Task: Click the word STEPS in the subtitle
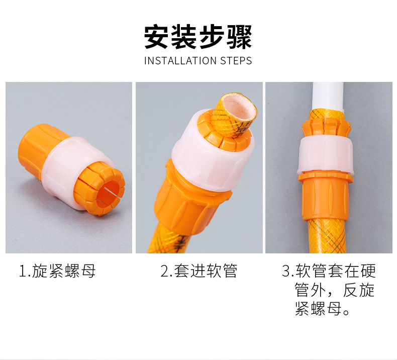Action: coord(236,61)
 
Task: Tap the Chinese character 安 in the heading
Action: coord(157,37)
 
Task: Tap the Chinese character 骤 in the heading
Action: coord(239,37)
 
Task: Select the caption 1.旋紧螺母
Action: coord(57,271)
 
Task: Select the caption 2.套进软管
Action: coord(199,271)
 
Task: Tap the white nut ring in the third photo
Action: coord(326,155)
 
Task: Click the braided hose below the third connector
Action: coord(326,236)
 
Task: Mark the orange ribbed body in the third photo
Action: coord(325,198)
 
